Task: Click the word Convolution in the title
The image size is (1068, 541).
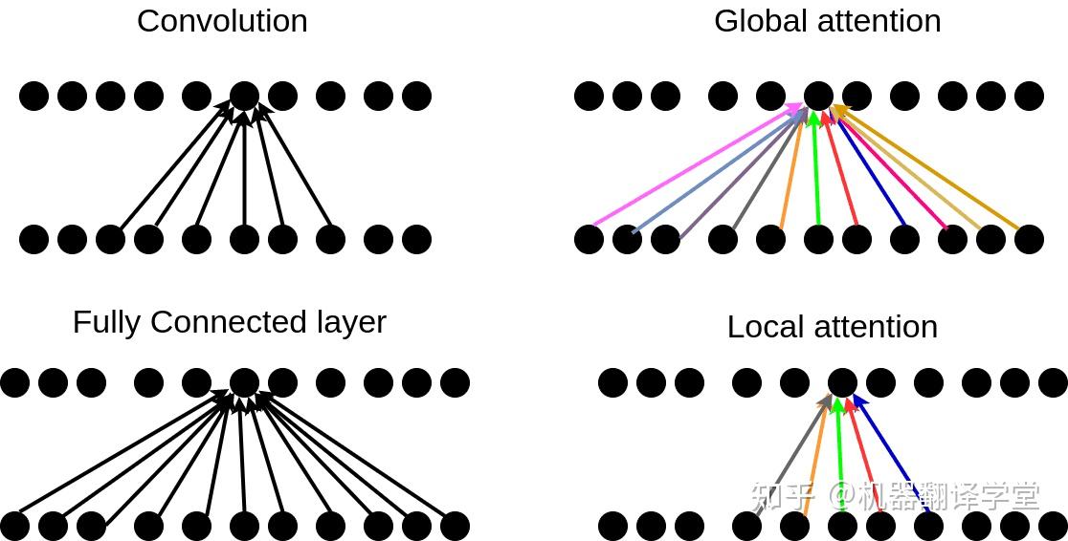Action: (222, 21)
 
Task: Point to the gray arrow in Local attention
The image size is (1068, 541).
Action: (792, 455)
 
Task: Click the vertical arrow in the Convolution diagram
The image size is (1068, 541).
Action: (245, 168)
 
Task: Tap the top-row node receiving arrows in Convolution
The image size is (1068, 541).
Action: (245, 96)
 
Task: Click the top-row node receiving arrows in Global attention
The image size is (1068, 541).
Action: (819, 96)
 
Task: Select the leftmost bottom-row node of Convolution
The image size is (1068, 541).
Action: (34, 240)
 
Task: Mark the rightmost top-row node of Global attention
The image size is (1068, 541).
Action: (1029, 96)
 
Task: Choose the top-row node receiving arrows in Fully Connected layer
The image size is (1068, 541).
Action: (245, 383)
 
